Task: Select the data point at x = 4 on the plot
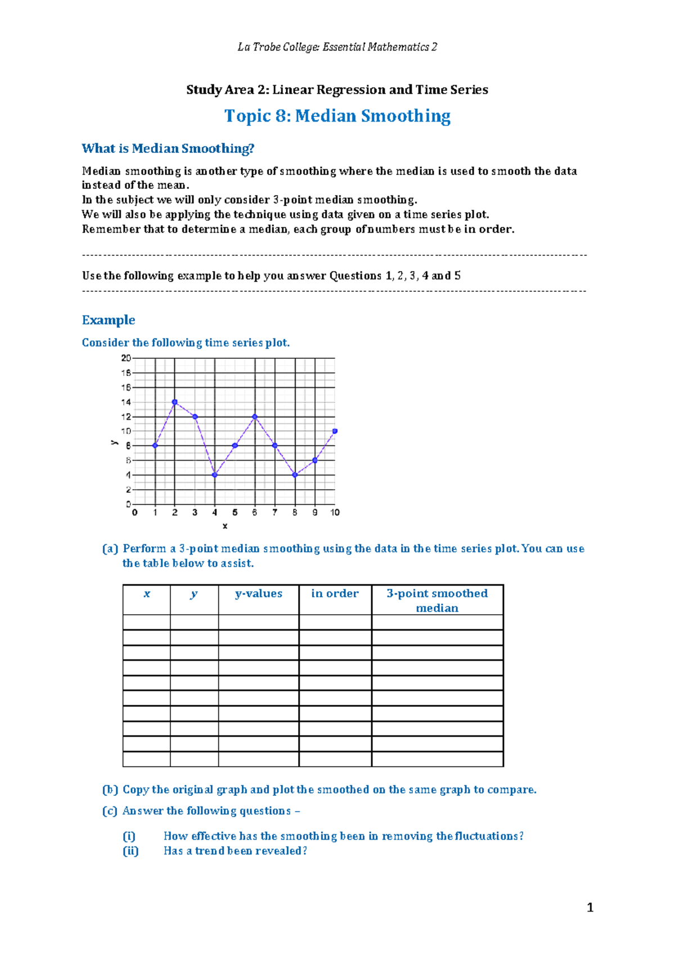[x=214, y=475]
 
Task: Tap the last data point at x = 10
[x=335, y=431]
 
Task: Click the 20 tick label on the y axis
[x=126, y=358]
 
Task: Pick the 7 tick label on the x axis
[x=274, y=512]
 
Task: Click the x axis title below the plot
[x=225, y=526]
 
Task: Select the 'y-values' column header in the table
[x=259, y=594]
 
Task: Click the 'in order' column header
[x=335, y=594]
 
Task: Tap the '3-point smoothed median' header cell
[x=437, y=601]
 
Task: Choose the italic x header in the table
[x=147, y=594]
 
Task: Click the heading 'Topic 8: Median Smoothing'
[x=337, y=116]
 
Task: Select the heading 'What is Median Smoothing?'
[x=168, y=148]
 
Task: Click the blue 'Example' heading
[x=109, y=320]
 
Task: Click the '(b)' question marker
[x=110, y=790]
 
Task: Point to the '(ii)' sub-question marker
[x=130, y=851]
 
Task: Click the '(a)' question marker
[x=110, y=549]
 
